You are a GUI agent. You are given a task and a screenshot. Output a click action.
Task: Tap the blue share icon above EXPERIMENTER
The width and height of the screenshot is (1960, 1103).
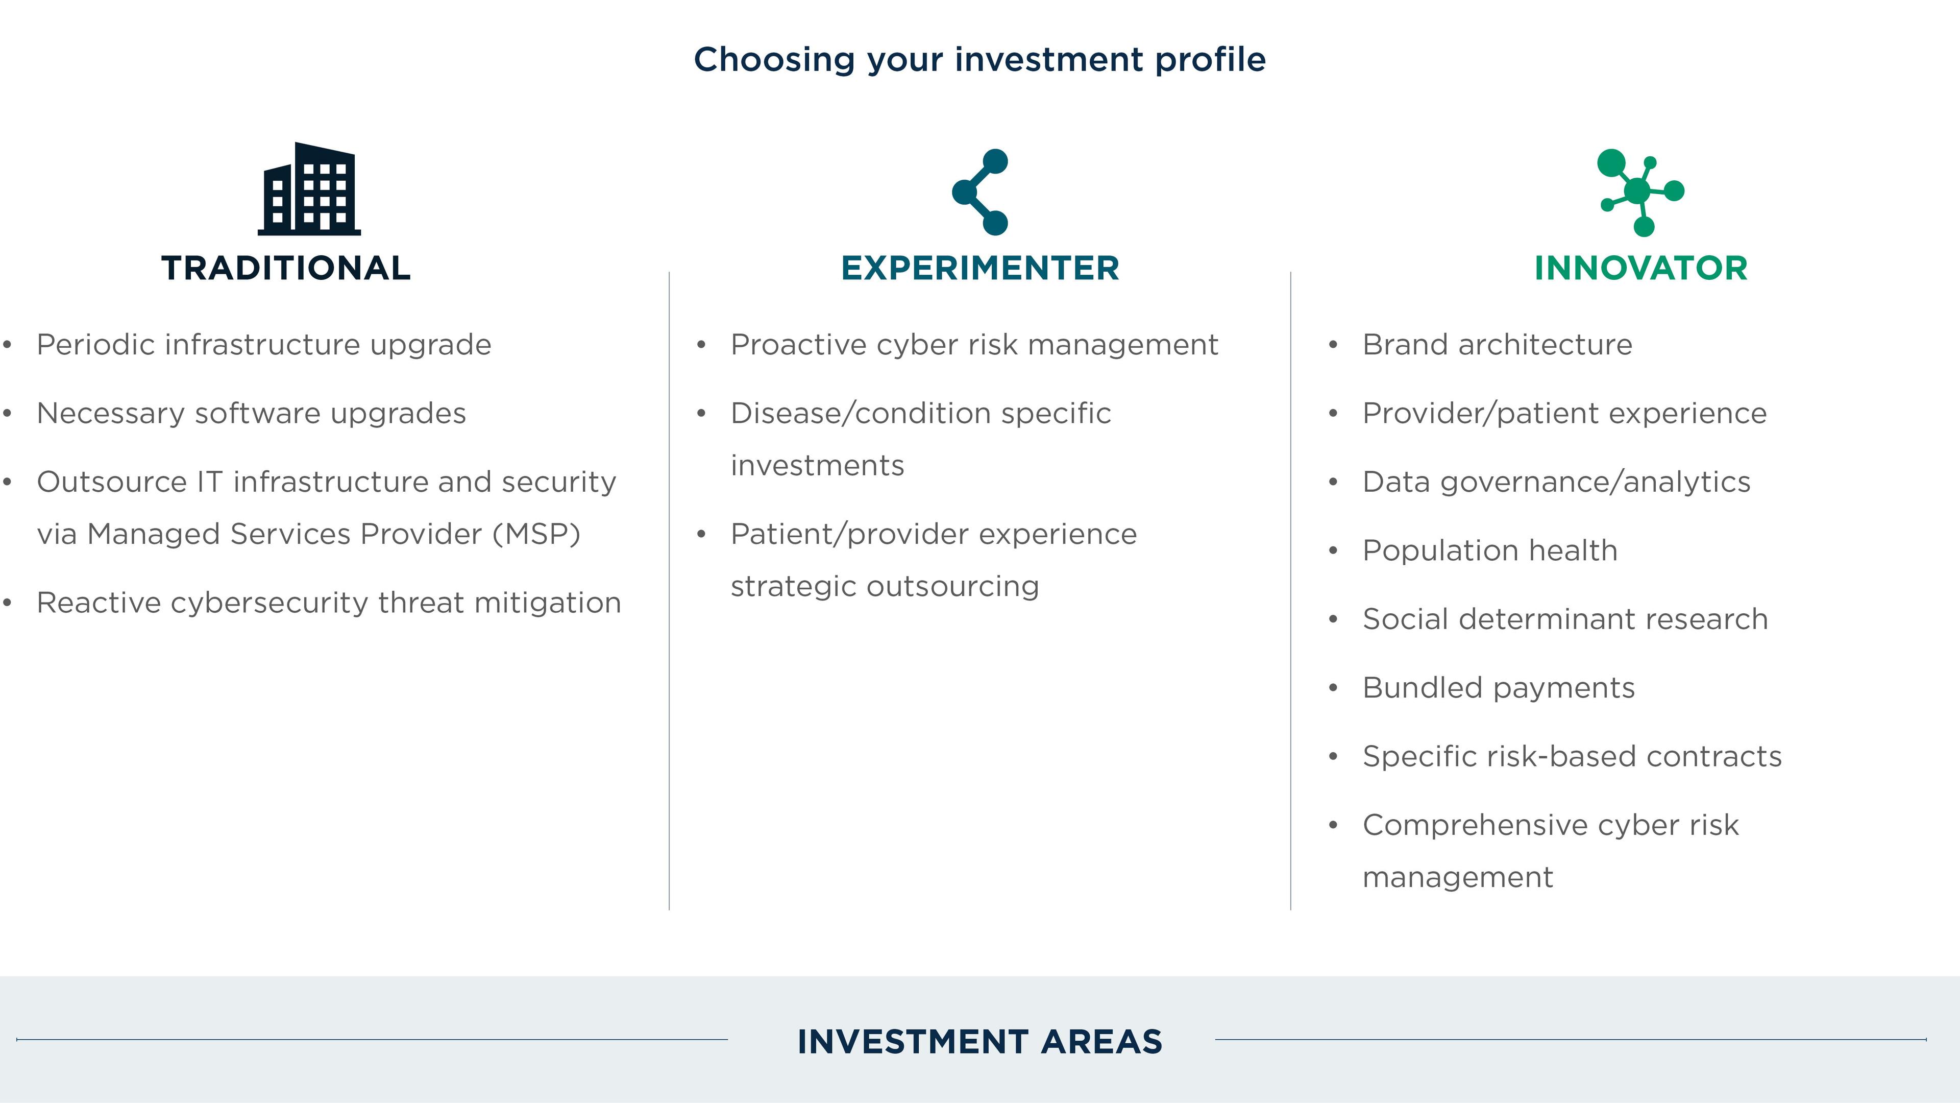(980, 192)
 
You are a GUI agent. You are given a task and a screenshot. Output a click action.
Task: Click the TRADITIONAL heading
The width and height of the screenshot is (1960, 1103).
(286, 269)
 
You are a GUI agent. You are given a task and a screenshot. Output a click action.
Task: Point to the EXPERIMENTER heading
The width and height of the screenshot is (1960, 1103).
(980, 269)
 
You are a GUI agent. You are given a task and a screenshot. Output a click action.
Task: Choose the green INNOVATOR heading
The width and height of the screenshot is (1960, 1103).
(1641, 269)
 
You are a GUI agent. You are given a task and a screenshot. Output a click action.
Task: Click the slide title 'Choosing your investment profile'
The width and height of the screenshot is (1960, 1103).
(980, 59)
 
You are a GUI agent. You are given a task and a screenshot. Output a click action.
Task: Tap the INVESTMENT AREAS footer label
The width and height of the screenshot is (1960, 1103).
(980, 1041)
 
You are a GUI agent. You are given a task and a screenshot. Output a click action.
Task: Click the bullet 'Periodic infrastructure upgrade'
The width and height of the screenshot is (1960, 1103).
(264, 345)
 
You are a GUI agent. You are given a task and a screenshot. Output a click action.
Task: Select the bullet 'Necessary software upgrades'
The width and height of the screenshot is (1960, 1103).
(251, 413)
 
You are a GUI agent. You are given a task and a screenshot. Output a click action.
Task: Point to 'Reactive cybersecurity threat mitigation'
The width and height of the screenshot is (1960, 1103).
(329, 603)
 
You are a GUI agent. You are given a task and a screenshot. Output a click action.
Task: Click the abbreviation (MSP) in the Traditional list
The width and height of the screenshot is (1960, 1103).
(536, 534)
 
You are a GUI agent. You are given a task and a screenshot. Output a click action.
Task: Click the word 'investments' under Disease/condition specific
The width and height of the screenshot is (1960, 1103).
(817, 466)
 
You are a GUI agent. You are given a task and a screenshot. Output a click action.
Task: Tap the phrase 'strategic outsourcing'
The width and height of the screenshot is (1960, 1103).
(885, 587)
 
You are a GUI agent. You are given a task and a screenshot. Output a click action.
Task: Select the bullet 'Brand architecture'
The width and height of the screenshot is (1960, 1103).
(1498, 345)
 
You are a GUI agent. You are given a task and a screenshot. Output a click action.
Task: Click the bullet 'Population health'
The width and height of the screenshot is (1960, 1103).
(1490, 550)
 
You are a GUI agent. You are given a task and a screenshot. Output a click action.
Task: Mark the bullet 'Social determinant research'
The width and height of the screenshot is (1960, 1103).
(1565, 619)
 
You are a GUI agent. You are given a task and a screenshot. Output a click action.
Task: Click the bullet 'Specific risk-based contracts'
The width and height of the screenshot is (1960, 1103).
(1572, 757)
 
